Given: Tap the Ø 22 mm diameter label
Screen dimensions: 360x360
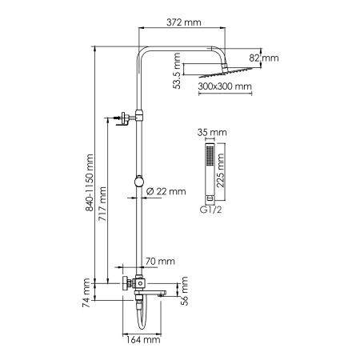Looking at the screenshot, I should [x=166, y=191].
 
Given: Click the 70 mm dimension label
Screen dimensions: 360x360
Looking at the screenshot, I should [x=161, y=261].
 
